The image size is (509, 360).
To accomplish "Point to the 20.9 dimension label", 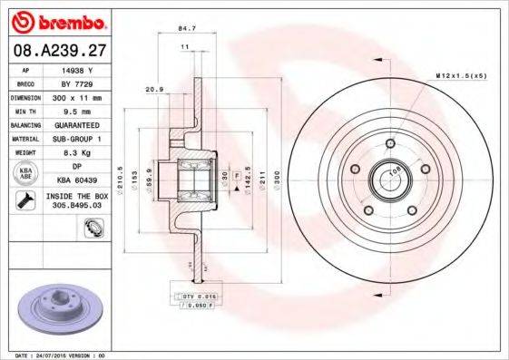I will pyautogui.click(x=152, y=90).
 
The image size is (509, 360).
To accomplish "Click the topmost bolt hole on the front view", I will pyautogui.click(x=389, y=143).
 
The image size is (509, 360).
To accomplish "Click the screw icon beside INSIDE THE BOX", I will pyautogui.click(x=27, y=199).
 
